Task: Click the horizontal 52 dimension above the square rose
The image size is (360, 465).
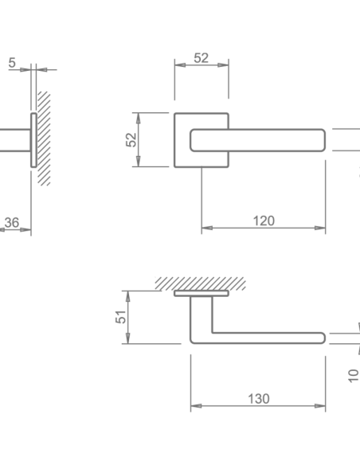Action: coord(202,58)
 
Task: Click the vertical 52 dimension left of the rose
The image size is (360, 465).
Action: coord(131,139)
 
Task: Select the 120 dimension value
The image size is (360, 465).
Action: coord(264,221)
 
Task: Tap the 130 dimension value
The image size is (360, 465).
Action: coord(259,399)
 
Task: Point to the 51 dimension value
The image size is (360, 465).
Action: coord(121,317)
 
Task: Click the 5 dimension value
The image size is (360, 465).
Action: coord(12,63)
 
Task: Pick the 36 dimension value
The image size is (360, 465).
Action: coord(12,222)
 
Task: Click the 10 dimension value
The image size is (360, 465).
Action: coord(353,376)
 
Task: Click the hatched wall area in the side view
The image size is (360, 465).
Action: coord(44,139)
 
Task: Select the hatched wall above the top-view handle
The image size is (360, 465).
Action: coord(201,283)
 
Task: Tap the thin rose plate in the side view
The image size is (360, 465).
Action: coord(33,140)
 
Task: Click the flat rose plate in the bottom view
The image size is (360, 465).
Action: coord(202,294)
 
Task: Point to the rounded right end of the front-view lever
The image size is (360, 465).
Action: coord(323,140)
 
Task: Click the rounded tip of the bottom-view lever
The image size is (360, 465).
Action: coord(323,338)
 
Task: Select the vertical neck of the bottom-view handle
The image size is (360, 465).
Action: coord(202,315)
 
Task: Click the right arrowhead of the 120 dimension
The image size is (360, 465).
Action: coord(320,228)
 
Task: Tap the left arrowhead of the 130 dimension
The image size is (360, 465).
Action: coord(196,406)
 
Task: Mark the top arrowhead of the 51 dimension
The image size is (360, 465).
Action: coord(127,296)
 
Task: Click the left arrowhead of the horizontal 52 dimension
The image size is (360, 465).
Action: coord(180,65)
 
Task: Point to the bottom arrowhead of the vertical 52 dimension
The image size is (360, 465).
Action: coord(139,162)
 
